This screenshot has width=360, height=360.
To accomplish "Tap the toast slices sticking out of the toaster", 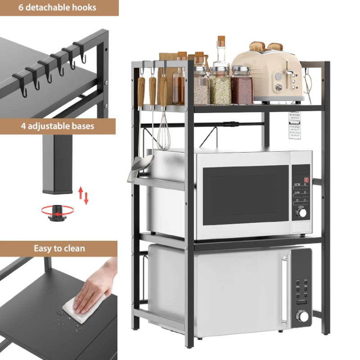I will click(265, 46).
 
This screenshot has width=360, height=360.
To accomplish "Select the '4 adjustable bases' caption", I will click(58, 126).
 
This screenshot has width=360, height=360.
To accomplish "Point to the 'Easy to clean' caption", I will click(59, 248).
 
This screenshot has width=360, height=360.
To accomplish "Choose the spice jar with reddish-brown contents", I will click(242, 88).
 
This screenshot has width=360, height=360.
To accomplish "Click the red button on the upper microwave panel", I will click(306, 180).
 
